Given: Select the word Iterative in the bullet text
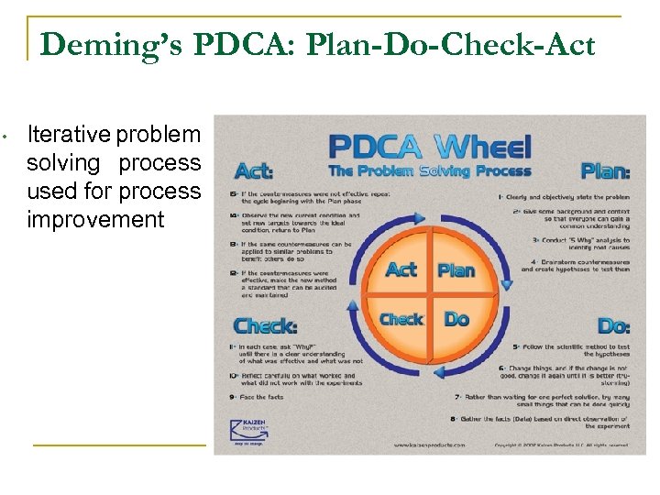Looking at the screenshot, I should (x=69, y=135).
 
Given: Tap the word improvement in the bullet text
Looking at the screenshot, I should (x=96, y=220).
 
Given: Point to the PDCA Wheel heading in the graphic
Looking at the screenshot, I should (x=429, y=147).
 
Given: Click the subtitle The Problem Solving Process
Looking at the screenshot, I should (x=429, y=170).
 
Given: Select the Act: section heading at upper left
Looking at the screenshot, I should (x=254, y=170).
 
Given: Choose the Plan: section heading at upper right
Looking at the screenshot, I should (x=605, y=170).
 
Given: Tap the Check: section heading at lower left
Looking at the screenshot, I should (x=264, y=325).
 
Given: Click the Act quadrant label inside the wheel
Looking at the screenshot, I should (x=401, y=269).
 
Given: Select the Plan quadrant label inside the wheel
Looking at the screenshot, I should (x=456, y=269).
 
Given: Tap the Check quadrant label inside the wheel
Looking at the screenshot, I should (x=401, y=319).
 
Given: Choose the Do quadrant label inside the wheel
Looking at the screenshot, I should (x=456, y=319).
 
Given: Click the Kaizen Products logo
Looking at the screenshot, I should (x=249, y=428).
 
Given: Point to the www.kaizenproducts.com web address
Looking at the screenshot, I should (x=429, y=445).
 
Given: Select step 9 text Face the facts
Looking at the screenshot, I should (x=259, y=397).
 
